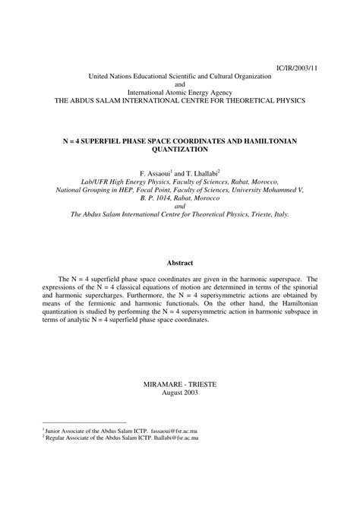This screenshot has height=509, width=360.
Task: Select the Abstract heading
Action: click(x=180, y=262)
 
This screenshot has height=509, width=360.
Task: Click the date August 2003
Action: click(x=180, y=392)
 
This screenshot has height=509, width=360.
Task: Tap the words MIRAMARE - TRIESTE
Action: click(x=180, y=384)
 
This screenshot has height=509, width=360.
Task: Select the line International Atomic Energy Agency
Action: click(x=180, y=92)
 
